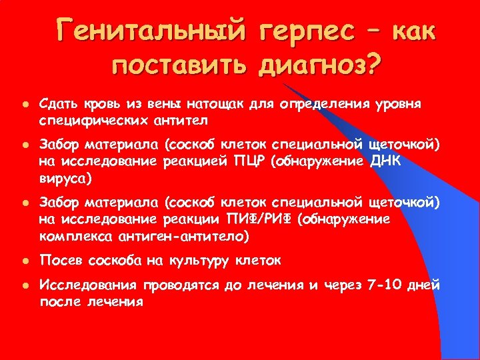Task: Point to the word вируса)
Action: (x=67, y=179)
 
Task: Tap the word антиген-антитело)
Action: (x=189, y=237)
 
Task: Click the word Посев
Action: (x=59, y=260)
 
